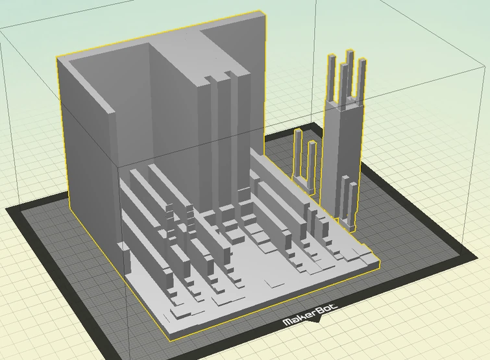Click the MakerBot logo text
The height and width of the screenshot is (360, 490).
(x=310, y=315)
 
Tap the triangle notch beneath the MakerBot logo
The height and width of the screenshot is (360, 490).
(x=317, y=320)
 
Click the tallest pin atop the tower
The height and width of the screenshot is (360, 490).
(x=350, y=75)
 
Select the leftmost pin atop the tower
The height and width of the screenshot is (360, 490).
(x=332, y=78)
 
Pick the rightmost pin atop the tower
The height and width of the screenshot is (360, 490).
(x=361, y=81)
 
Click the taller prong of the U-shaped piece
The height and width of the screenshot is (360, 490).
(x=298, y=153)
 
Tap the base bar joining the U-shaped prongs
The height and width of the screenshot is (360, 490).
(x=302, y=184)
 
